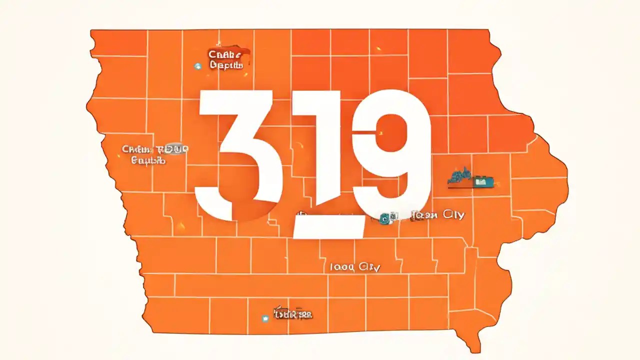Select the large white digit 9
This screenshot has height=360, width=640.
point(395,150)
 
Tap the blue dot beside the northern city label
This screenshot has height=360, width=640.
point(197,65)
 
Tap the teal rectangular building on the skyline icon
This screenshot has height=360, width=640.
point(481,181)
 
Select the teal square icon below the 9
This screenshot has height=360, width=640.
point(384,217)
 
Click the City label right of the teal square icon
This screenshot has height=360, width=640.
point(437,215)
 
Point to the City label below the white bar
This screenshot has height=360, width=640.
point(355,267)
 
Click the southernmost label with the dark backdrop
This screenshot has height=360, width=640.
point(293,314)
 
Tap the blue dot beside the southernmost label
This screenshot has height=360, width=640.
point(265,317)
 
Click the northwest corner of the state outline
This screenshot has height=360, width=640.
point(91,31)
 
